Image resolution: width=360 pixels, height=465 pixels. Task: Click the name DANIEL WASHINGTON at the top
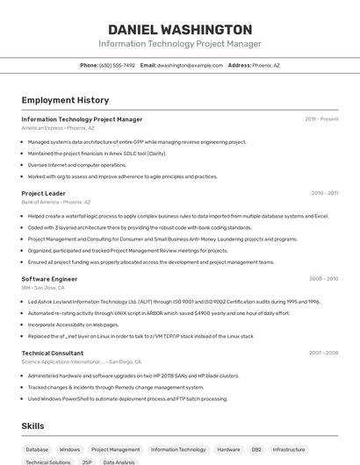tap(179, 29)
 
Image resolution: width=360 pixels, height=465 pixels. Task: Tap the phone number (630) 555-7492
tap(118, 65)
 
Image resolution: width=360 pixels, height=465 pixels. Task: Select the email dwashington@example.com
tap(190, 65)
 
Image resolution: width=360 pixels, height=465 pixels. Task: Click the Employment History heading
tap(65, 100)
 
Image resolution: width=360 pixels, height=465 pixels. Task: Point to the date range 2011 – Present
tap(321, 119)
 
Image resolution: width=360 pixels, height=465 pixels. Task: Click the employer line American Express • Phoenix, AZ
tap(58, 128)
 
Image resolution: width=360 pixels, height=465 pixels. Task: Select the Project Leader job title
tap(43, 193)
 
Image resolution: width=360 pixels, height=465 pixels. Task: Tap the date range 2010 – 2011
tap(324, 193)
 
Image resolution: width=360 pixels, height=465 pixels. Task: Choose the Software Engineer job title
tap(49, 279)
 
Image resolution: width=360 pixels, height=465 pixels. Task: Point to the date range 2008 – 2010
tap(323, 279)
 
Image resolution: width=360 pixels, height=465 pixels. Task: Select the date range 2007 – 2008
tap(323, 353)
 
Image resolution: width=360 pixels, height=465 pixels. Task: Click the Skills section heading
tap(33, 426)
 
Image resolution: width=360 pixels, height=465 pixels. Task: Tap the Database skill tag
tap(37, 449)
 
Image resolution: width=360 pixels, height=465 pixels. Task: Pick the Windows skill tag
tap(69, 449)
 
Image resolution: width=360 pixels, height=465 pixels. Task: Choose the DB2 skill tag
tap(256, 449)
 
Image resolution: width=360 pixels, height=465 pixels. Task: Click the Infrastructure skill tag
tap(289, 449)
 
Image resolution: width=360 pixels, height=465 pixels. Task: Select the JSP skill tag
tap(87, 461)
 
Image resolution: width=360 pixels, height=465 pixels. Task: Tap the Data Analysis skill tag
tap(119, 461)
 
